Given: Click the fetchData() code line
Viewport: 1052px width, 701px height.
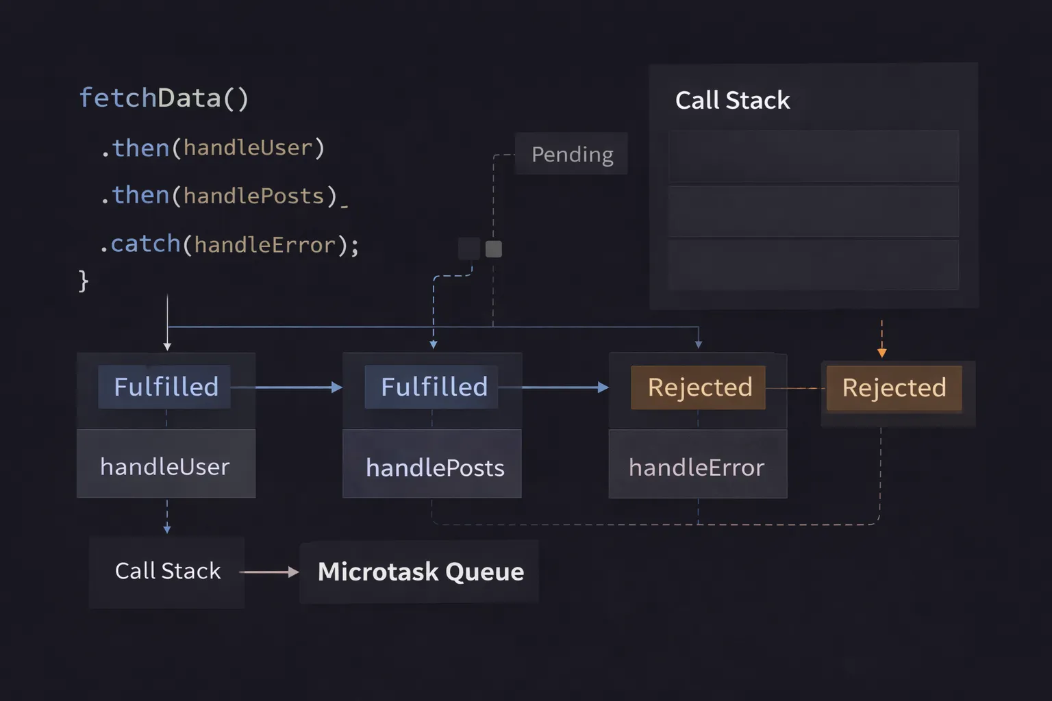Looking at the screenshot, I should tap(164, 98).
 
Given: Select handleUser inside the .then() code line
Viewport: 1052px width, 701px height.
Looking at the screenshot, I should tap(247, 148).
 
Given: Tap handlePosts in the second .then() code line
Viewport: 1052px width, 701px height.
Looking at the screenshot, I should tap(253, 196).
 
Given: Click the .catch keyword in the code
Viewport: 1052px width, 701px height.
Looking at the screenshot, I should tap(140, 244).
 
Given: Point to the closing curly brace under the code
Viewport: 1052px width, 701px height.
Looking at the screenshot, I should tap(84, 281).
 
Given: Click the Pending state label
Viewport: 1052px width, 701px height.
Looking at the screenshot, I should tap(572, 154).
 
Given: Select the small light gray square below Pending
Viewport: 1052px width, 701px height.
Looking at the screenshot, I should tap(493, 249).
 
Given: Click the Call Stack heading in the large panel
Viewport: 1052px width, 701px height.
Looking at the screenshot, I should tap(732, 100).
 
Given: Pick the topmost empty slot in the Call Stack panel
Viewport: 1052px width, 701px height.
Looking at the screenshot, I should tap(813, 156).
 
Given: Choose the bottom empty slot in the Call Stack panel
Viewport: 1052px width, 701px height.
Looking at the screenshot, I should tap(813, 264).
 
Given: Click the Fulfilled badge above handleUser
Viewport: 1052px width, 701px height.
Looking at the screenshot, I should tap(165, 387).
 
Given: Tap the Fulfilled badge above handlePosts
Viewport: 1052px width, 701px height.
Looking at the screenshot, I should tap(433, 387).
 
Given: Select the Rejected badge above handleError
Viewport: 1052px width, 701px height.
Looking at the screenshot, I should tap(699, 387).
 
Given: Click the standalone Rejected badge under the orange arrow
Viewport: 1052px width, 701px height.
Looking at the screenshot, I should tap(894, 388).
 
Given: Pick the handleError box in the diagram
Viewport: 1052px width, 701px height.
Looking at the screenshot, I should tap(697, 466).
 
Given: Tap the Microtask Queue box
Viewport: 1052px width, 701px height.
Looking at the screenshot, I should tap(420, 572).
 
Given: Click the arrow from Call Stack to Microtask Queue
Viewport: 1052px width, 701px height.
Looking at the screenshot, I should tap(268, 572).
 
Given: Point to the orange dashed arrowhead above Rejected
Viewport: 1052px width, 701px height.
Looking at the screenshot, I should tap(881, 353).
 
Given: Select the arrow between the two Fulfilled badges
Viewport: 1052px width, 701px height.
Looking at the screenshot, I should tap(295, 387).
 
